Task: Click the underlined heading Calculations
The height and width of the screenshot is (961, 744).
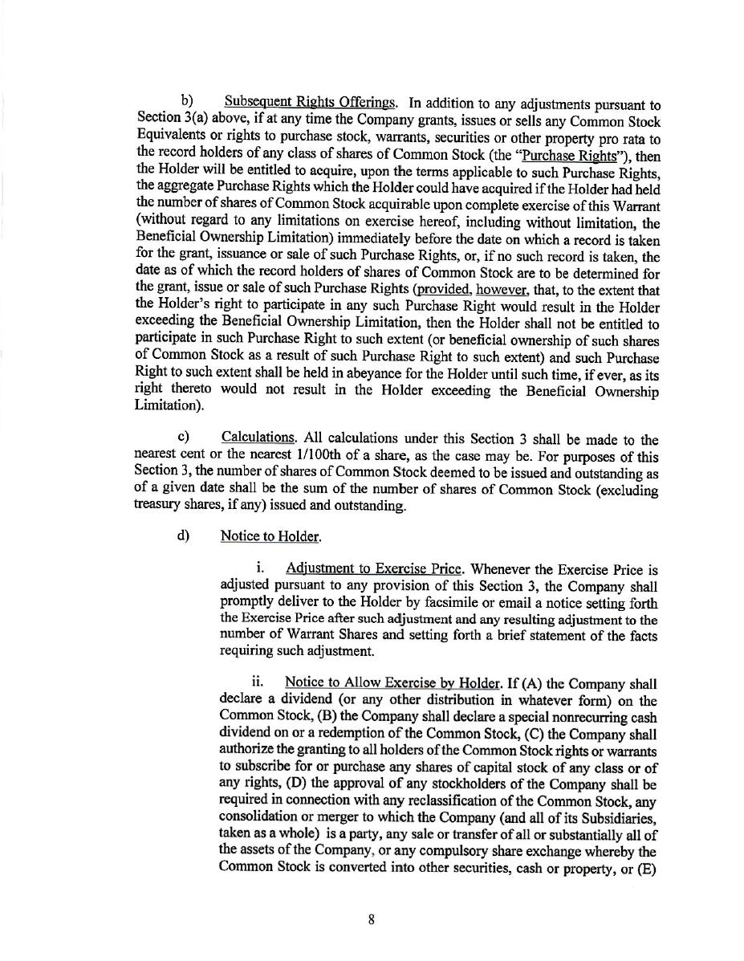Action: point(258,438)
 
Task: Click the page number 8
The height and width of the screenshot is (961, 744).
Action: point(372,920)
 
